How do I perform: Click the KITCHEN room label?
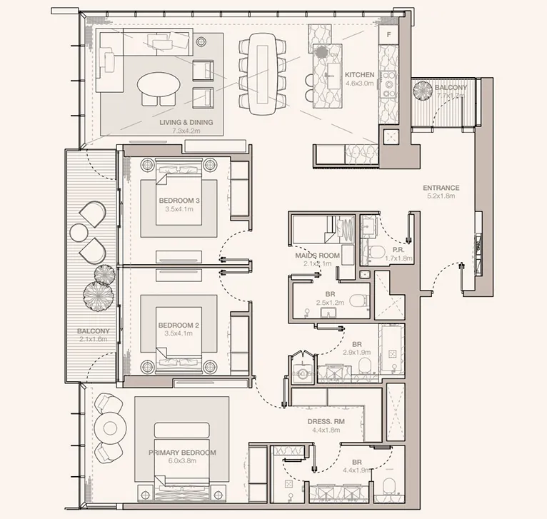[359, 74]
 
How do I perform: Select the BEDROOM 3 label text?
[180, 201]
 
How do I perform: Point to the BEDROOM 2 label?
[180, 326]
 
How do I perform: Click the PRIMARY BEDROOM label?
[182, 453]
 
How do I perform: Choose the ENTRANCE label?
[441, 188]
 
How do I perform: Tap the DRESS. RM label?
[326, 422]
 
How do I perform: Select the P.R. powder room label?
[400, 249]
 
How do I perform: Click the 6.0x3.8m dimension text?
[182, 461]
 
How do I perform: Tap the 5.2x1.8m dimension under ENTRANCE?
[441, 196]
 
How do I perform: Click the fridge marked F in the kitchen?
[390, 34]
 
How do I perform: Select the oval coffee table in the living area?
[159, 86]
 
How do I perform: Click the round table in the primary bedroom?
[111, 429]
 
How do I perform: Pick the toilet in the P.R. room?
[377, 251]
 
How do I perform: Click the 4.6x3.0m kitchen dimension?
[359, 83]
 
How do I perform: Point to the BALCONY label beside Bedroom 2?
[94, 331]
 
